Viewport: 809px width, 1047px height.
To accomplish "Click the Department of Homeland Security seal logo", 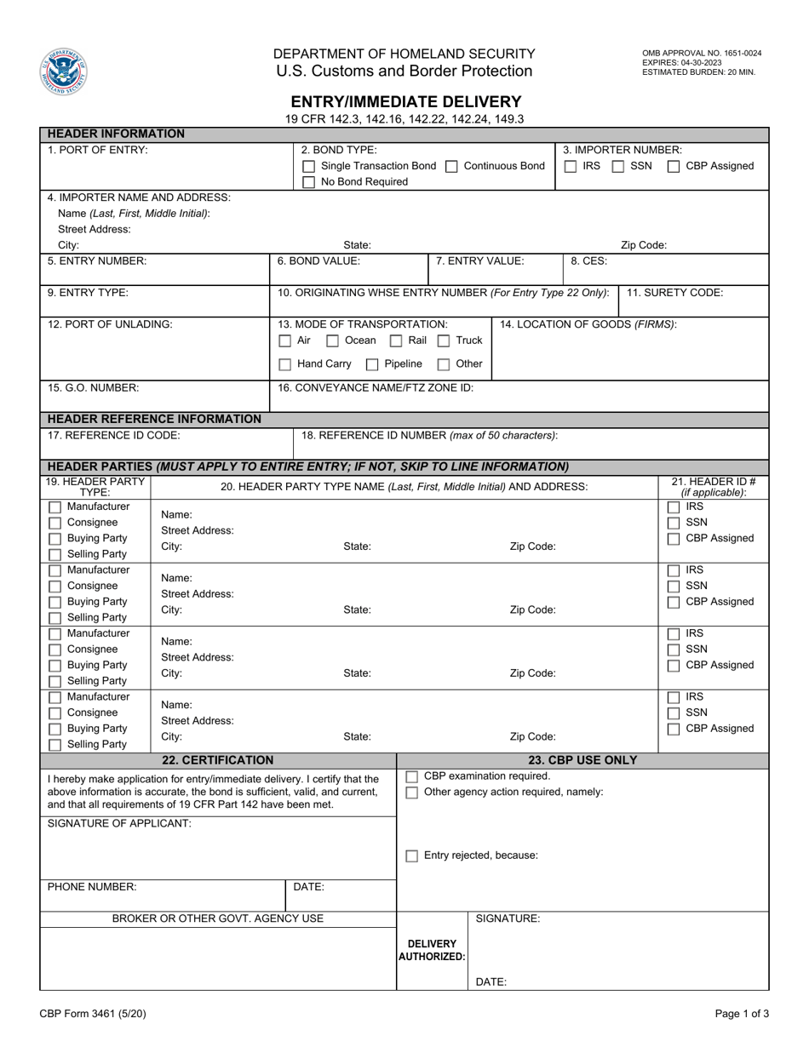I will coord(63,72).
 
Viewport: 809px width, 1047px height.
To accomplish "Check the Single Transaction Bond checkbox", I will coord(309,166).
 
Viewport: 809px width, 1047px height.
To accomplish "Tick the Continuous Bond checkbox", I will coord(452,166).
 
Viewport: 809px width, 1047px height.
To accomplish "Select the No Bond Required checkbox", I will coord(309,182).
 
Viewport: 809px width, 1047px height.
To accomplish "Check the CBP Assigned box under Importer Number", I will coord(674,166).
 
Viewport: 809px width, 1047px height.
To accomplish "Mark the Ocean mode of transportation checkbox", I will coord(333,340).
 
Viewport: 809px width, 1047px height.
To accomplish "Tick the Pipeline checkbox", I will coord(372,364).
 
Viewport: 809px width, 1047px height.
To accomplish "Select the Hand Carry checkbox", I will coord(285,364).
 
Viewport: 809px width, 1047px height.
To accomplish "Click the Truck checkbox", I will coord(444,340).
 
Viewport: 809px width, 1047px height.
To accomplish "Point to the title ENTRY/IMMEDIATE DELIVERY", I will coord(405,101).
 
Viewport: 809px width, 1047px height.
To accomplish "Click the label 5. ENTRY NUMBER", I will coord(97,261).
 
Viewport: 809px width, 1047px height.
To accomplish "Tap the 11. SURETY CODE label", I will coord(675,293).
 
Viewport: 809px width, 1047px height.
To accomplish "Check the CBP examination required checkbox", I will coord(412,776).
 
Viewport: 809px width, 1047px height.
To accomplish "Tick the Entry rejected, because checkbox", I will coord(412,855).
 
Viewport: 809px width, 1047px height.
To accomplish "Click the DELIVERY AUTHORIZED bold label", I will coord(432,950).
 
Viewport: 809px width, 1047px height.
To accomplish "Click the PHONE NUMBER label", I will coord(92,887).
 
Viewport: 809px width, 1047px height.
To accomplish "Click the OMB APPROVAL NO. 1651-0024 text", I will coord(702,53).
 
